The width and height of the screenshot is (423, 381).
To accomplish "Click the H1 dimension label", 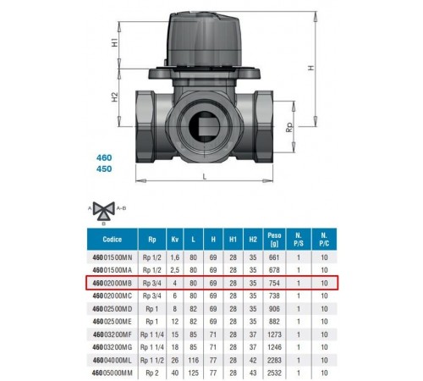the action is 114,43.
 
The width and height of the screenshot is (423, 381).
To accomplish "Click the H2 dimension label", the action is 114,97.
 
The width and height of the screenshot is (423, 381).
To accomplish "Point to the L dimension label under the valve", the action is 205,177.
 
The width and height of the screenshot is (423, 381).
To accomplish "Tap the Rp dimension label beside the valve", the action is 289,128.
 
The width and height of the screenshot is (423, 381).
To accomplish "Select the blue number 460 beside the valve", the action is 104,157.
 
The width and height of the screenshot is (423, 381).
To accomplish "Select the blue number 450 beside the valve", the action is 104,168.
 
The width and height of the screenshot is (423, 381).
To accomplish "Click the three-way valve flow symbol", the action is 104,211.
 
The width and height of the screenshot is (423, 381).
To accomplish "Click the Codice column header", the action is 113,240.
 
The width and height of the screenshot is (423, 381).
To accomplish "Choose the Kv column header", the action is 175,240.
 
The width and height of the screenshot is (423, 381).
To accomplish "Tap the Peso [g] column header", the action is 274,240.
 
